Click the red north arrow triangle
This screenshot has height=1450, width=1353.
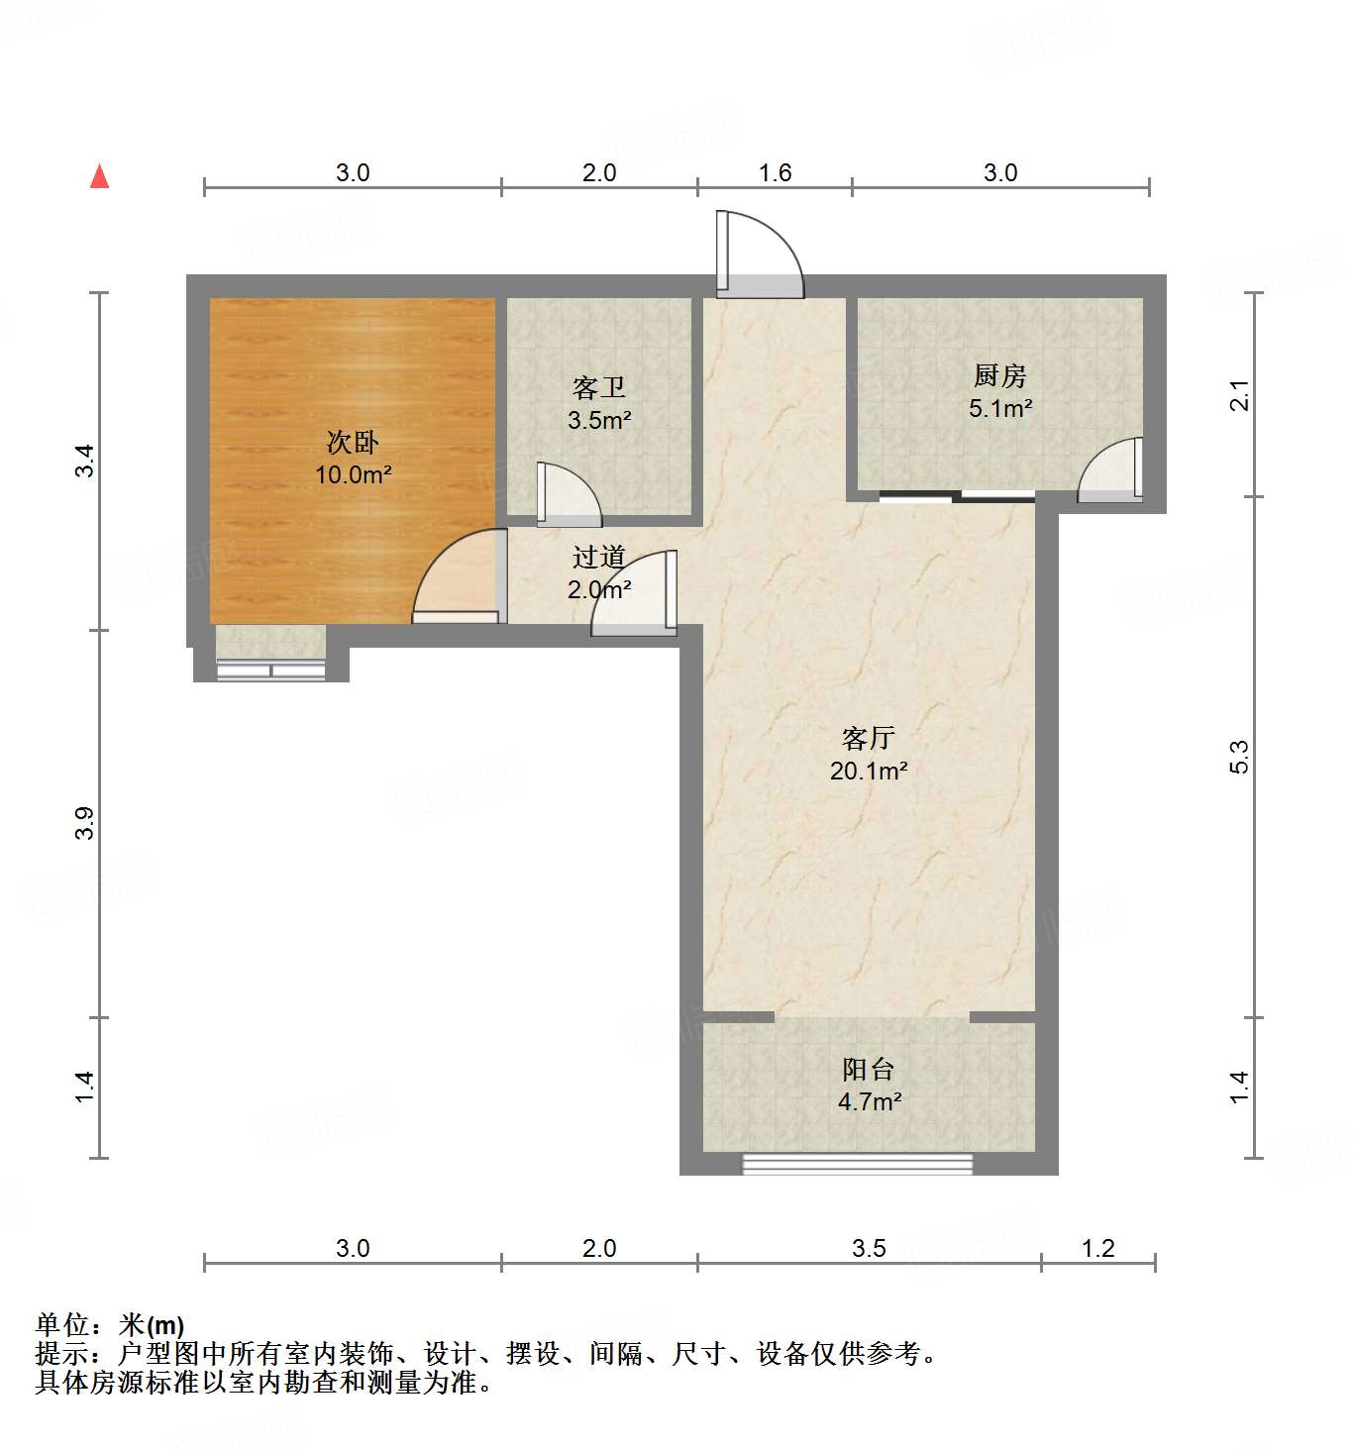point(99,176)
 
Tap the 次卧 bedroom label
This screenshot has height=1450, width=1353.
point(353,442)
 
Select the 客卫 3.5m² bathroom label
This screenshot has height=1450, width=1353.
point(599,403)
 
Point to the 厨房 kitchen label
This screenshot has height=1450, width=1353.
point(999,375)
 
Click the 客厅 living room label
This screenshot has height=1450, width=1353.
point(868,738)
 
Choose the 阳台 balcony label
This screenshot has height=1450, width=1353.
point(869,1070)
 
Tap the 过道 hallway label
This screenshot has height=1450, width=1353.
point(599,558)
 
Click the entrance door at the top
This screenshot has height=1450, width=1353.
point(758,256)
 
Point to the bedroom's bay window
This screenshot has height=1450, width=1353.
point(271,670)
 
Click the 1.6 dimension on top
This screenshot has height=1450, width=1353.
point(775,173)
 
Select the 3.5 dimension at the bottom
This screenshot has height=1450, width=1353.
point(869,1248)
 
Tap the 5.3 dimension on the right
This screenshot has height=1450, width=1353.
point(1240,757)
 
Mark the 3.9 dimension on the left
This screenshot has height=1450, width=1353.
point(85,823)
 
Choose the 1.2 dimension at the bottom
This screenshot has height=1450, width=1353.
point(1098,1248)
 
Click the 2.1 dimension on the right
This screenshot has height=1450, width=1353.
point(1240,395)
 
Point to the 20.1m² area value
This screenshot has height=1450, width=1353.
point(869,771)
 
